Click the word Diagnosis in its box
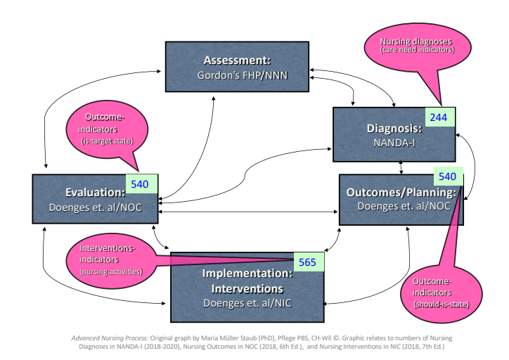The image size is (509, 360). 394,129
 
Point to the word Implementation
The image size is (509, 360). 242,274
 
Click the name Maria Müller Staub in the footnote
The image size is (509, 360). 197,337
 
